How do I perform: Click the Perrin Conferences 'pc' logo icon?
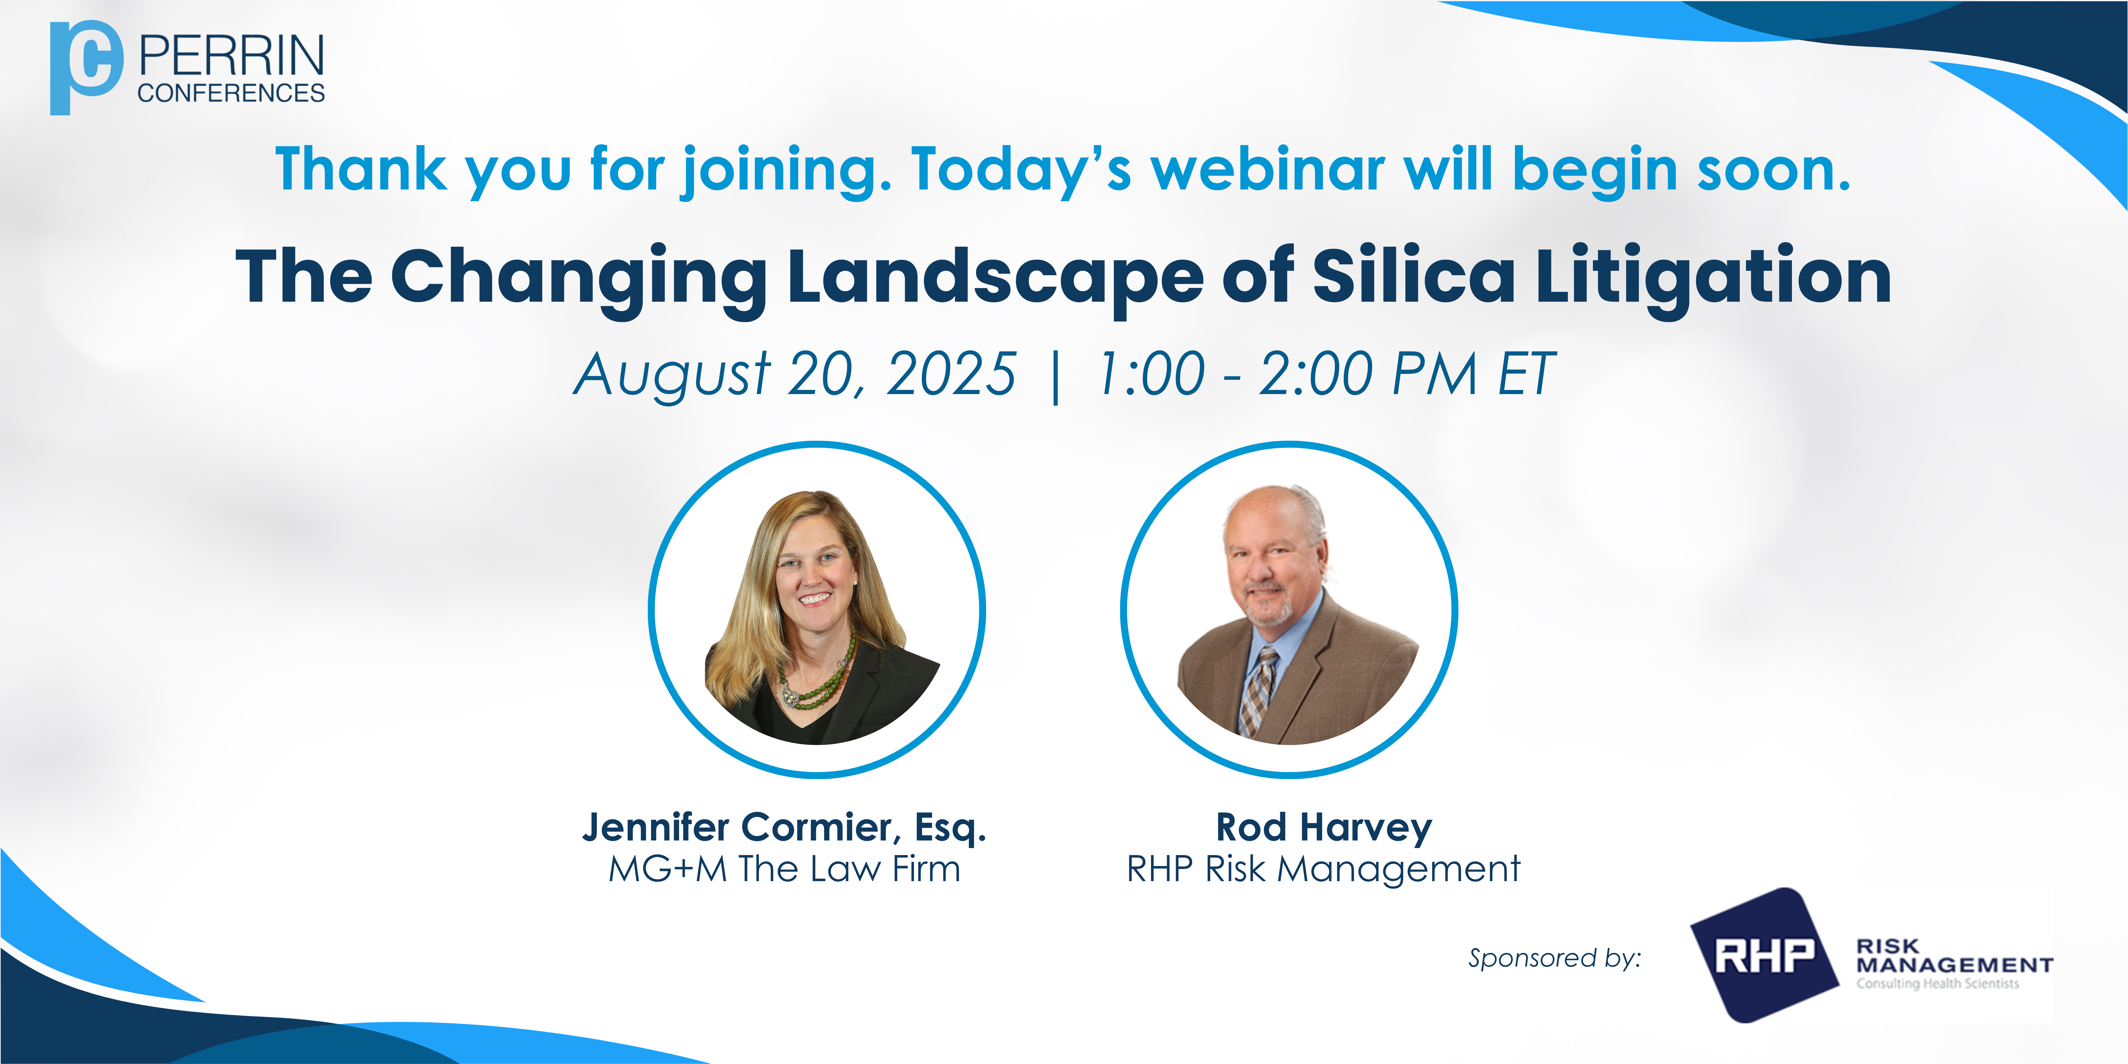click(86, 68)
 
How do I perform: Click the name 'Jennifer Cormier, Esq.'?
click(785, 827)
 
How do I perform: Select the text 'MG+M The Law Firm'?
click(785, 869)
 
